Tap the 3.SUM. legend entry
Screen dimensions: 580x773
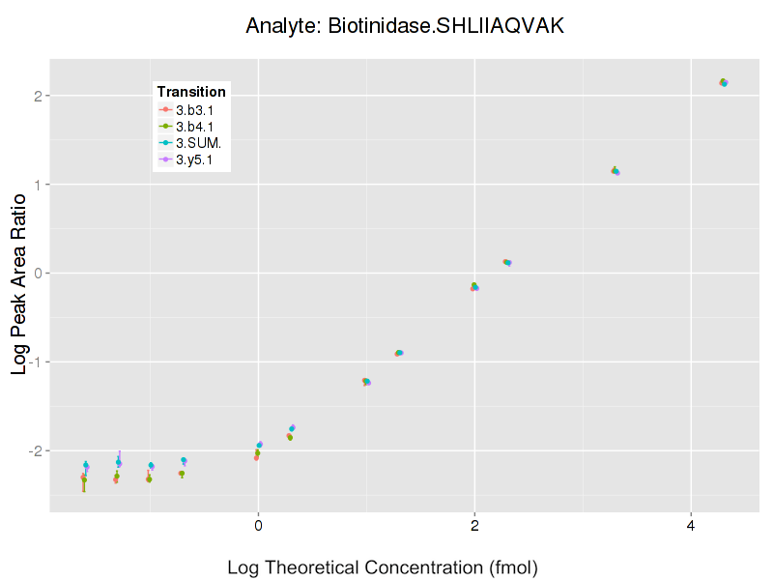point(197,143)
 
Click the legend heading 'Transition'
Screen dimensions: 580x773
point(191,92)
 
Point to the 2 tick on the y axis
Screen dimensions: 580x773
point(37,96)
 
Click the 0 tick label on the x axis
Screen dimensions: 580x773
point(258,526)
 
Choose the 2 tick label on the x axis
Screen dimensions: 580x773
point(474,526)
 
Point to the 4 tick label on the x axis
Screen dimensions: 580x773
point(691,526)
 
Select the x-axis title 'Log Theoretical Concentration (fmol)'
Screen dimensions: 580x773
point(382,566)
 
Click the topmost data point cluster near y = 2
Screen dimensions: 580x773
point(724,82)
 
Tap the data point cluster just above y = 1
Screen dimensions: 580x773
point(615,171)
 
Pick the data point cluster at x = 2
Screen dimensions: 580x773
point(474,286)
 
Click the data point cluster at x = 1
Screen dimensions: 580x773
point(366,382)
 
